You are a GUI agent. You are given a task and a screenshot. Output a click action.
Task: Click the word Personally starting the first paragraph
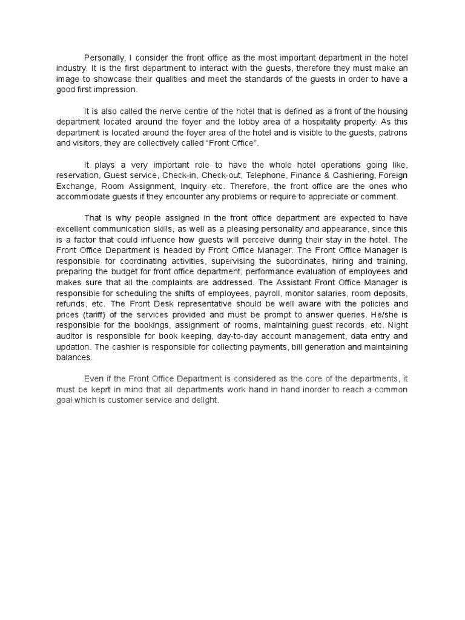tap(105, 58)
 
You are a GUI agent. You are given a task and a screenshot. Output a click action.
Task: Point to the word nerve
tap(169, 111)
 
